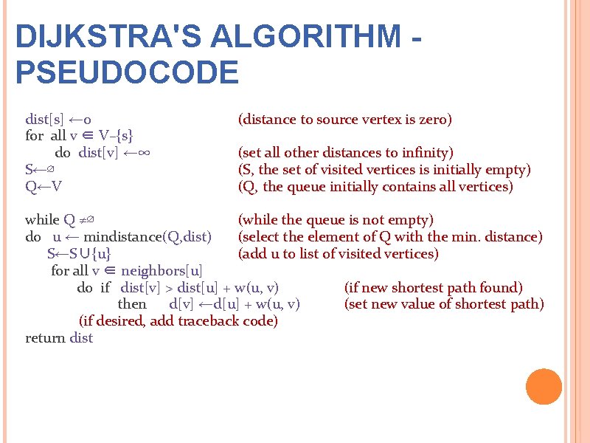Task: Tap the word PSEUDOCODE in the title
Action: (127, 72)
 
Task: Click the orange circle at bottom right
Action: (544, 386)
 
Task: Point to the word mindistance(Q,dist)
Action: (147, 237)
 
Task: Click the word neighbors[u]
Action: (162, 270)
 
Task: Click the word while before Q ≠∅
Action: (42, 220)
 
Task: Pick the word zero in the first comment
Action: (435, 120)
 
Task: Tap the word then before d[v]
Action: (132, 304)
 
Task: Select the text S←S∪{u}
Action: (79, 254)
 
